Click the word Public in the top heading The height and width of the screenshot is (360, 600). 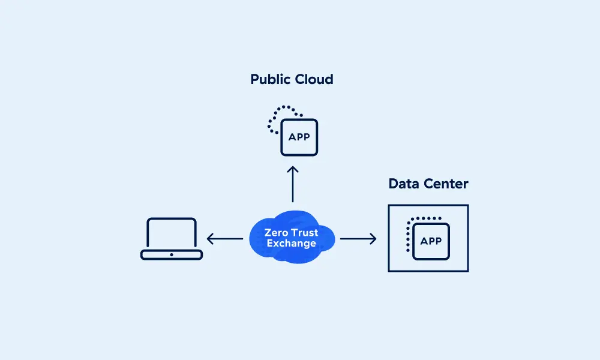[271, 80]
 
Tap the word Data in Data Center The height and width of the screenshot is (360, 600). [404, 184]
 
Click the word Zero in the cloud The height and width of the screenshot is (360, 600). [277, 232]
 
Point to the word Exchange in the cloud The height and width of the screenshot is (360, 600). [292, 244]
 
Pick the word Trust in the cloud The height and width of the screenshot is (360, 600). [305, 232]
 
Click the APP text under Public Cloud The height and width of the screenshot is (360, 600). [299, 137]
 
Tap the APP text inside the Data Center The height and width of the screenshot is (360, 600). [431, 241]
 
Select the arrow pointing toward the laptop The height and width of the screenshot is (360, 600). [225, 239]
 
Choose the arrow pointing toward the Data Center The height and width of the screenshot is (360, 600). [358, 239]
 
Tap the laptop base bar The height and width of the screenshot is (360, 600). [172, 255]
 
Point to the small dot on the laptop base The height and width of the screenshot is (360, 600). [172, 255]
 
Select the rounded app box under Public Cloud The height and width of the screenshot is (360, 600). [299, 146]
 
